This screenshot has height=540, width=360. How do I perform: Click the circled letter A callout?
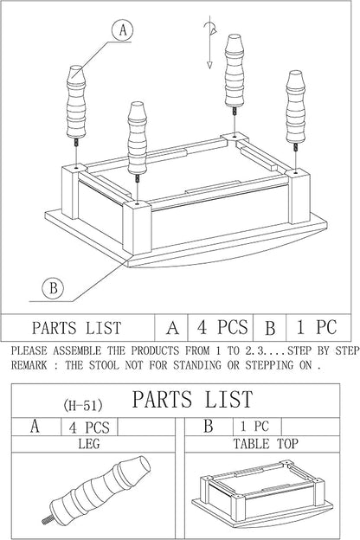click(x=123, y=30)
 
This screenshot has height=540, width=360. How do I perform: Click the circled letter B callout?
click(x=53, y=287)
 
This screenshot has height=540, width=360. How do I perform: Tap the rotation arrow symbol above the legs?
click(x=210, y=42)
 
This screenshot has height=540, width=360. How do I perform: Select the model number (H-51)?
click(x=83, y=405)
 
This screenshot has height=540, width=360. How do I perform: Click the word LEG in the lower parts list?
click(x=89, y=443)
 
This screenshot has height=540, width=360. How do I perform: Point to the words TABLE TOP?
click(x=266, y=444)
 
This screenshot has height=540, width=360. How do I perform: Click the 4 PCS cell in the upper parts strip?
click(x=222, y=327)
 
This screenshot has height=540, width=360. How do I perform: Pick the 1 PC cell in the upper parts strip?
click(x=317, y=327)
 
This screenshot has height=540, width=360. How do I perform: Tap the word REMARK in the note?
click(x=29, y=365)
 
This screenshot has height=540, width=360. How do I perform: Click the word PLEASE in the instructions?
click(x=29, y=350)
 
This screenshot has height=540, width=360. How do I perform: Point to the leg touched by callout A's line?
click(x=76, y=102)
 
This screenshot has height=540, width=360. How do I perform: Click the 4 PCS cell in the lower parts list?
click(x=89, y=427)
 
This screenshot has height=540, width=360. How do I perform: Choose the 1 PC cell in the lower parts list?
click(x=254, y=427)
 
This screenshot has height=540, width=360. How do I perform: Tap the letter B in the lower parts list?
click(x=209, y=426)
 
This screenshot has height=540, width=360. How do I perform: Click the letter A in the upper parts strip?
click(x=172, y=327)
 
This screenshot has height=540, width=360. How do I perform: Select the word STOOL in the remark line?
click(x=104, y=365)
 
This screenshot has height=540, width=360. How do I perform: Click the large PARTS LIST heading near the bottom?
click(x=192, y=400)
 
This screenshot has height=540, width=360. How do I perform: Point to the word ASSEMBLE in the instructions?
click(x=77, y=350)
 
